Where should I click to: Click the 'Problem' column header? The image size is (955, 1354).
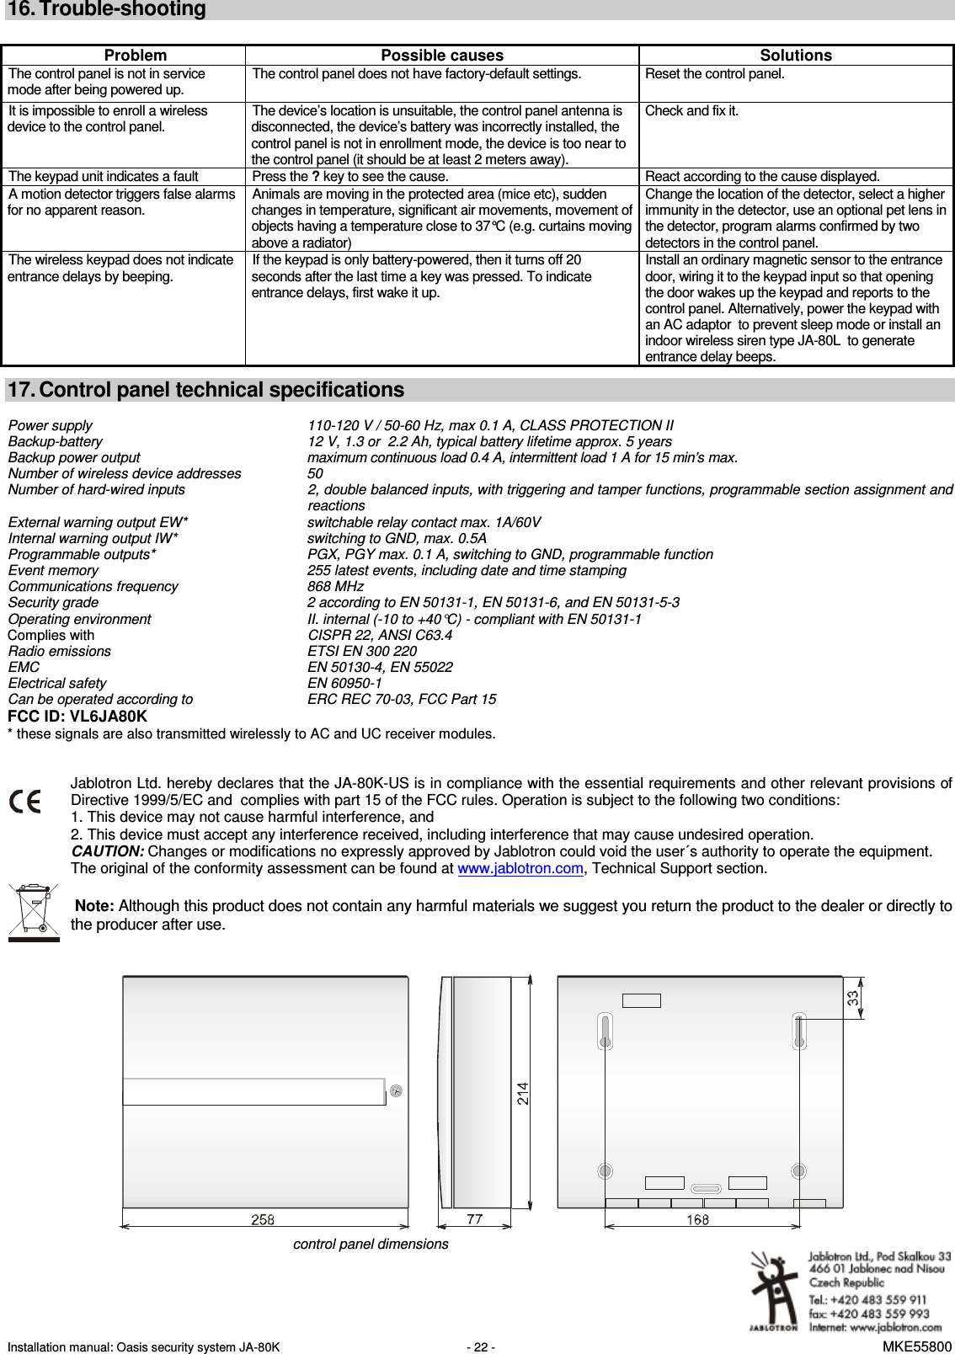coord(135,56)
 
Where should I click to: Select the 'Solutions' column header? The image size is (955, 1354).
coord(795,56)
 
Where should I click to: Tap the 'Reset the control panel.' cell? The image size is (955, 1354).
coord(714,74)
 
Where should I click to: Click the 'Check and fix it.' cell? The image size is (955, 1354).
coord(691,111)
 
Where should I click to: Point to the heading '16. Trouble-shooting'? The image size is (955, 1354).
coord(107,9)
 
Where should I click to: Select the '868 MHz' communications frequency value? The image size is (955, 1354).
coord(335,587)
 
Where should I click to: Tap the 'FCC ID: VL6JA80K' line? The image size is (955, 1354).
coord(77,717)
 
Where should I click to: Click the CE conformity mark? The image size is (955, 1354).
coord(25,801)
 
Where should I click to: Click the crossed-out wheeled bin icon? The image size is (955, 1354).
coord(34,911)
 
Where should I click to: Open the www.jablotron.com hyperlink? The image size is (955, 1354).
coord(520,869)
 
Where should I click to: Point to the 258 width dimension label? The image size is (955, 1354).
coord(263,1219)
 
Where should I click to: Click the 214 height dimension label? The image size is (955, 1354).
coord(523,1094)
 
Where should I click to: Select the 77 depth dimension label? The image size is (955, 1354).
coord(474,1219)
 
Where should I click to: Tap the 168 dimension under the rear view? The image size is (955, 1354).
coord(697,1219)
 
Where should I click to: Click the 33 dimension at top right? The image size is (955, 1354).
coord(853,998)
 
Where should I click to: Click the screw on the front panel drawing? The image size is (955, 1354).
coord(396,1091)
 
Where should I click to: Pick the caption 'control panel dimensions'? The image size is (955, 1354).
coord(371,1245)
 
